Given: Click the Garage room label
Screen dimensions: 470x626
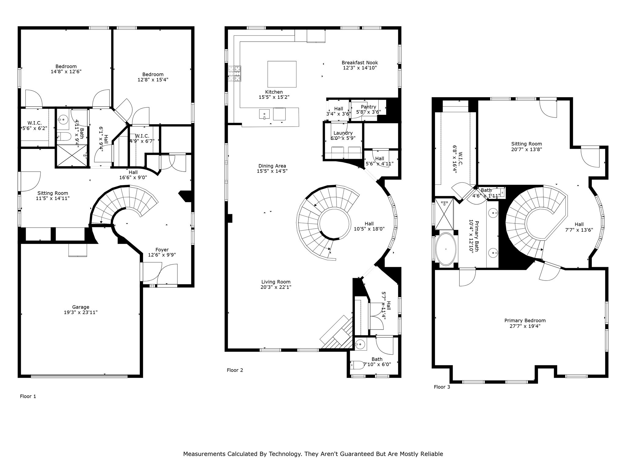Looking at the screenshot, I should point(81,307).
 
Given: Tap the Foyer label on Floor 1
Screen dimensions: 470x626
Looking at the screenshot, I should point(162,250).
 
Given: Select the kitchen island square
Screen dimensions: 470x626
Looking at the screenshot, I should point(282,74).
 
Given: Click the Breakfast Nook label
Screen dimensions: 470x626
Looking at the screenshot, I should point(360,63).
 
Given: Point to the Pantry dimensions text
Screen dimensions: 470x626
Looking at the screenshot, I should point(369,112).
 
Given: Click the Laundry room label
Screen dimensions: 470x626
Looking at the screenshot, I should point(343,133).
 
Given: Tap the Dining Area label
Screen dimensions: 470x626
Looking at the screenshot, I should point(272,166).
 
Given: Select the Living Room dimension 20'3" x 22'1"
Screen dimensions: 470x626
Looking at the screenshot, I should point(276,287).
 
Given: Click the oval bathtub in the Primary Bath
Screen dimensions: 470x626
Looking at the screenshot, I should point(446,249).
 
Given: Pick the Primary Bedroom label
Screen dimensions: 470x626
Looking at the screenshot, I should point(525,321).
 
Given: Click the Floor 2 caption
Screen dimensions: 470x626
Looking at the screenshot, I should point(235,370).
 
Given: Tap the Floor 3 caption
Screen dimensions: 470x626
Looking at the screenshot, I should point(442,387).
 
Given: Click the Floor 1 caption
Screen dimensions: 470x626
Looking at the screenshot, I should point(28,396).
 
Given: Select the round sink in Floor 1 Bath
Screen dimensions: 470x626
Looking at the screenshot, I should point(64,119).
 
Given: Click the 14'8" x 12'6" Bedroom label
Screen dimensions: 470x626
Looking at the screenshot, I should point(66,66).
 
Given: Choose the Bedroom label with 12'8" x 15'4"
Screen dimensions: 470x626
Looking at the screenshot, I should point(153,74).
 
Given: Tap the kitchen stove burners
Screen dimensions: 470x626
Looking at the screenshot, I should point(234,74).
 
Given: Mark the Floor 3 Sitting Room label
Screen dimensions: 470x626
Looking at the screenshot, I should point(527,144).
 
